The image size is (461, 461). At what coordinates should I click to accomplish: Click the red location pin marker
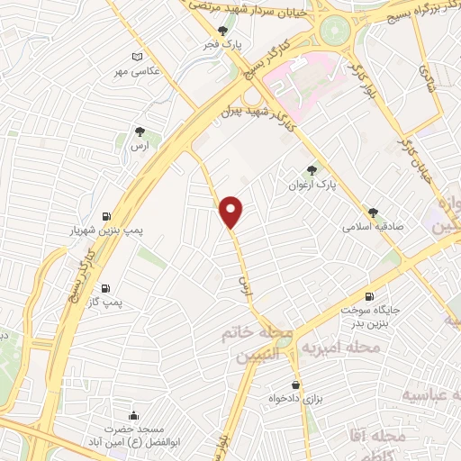coord(232,212)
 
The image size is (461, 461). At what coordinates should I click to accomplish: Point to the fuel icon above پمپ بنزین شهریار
coord(107,216)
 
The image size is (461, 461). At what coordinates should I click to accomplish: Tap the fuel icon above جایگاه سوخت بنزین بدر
coord(370,296)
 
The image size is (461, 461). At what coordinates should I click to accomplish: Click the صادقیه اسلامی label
coord(372,227)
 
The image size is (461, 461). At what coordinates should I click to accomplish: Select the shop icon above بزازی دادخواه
coord(295,384)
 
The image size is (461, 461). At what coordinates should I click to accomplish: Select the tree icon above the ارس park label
coord(139,131)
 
